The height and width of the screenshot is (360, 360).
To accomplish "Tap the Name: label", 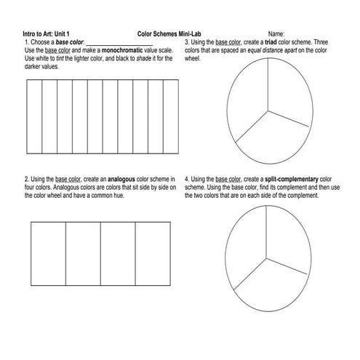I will pos(276,34).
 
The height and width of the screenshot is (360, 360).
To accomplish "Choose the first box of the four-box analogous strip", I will pos(48,252).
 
